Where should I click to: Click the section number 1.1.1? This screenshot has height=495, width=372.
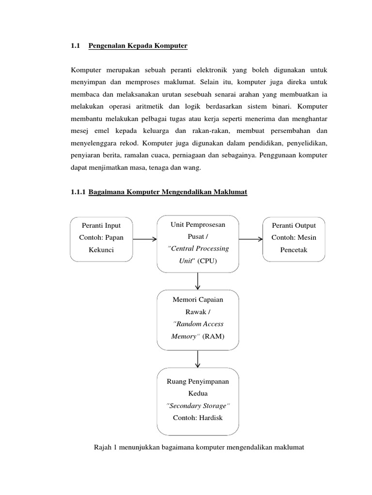point(78,192)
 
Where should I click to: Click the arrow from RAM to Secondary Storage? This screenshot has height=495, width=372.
point(198,359)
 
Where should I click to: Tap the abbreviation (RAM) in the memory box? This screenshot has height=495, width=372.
point(214,335)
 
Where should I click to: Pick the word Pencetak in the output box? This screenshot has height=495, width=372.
point(294,250)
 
